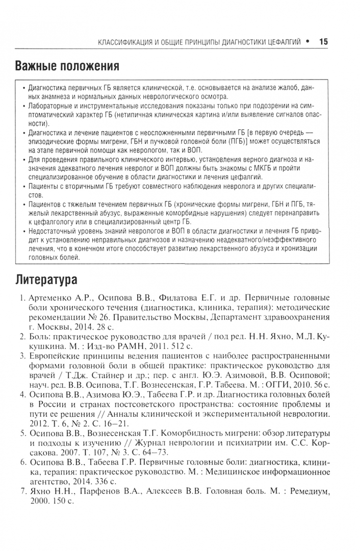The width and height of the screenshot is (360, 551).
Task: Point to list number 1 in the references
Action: click(x=23, y=297)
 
